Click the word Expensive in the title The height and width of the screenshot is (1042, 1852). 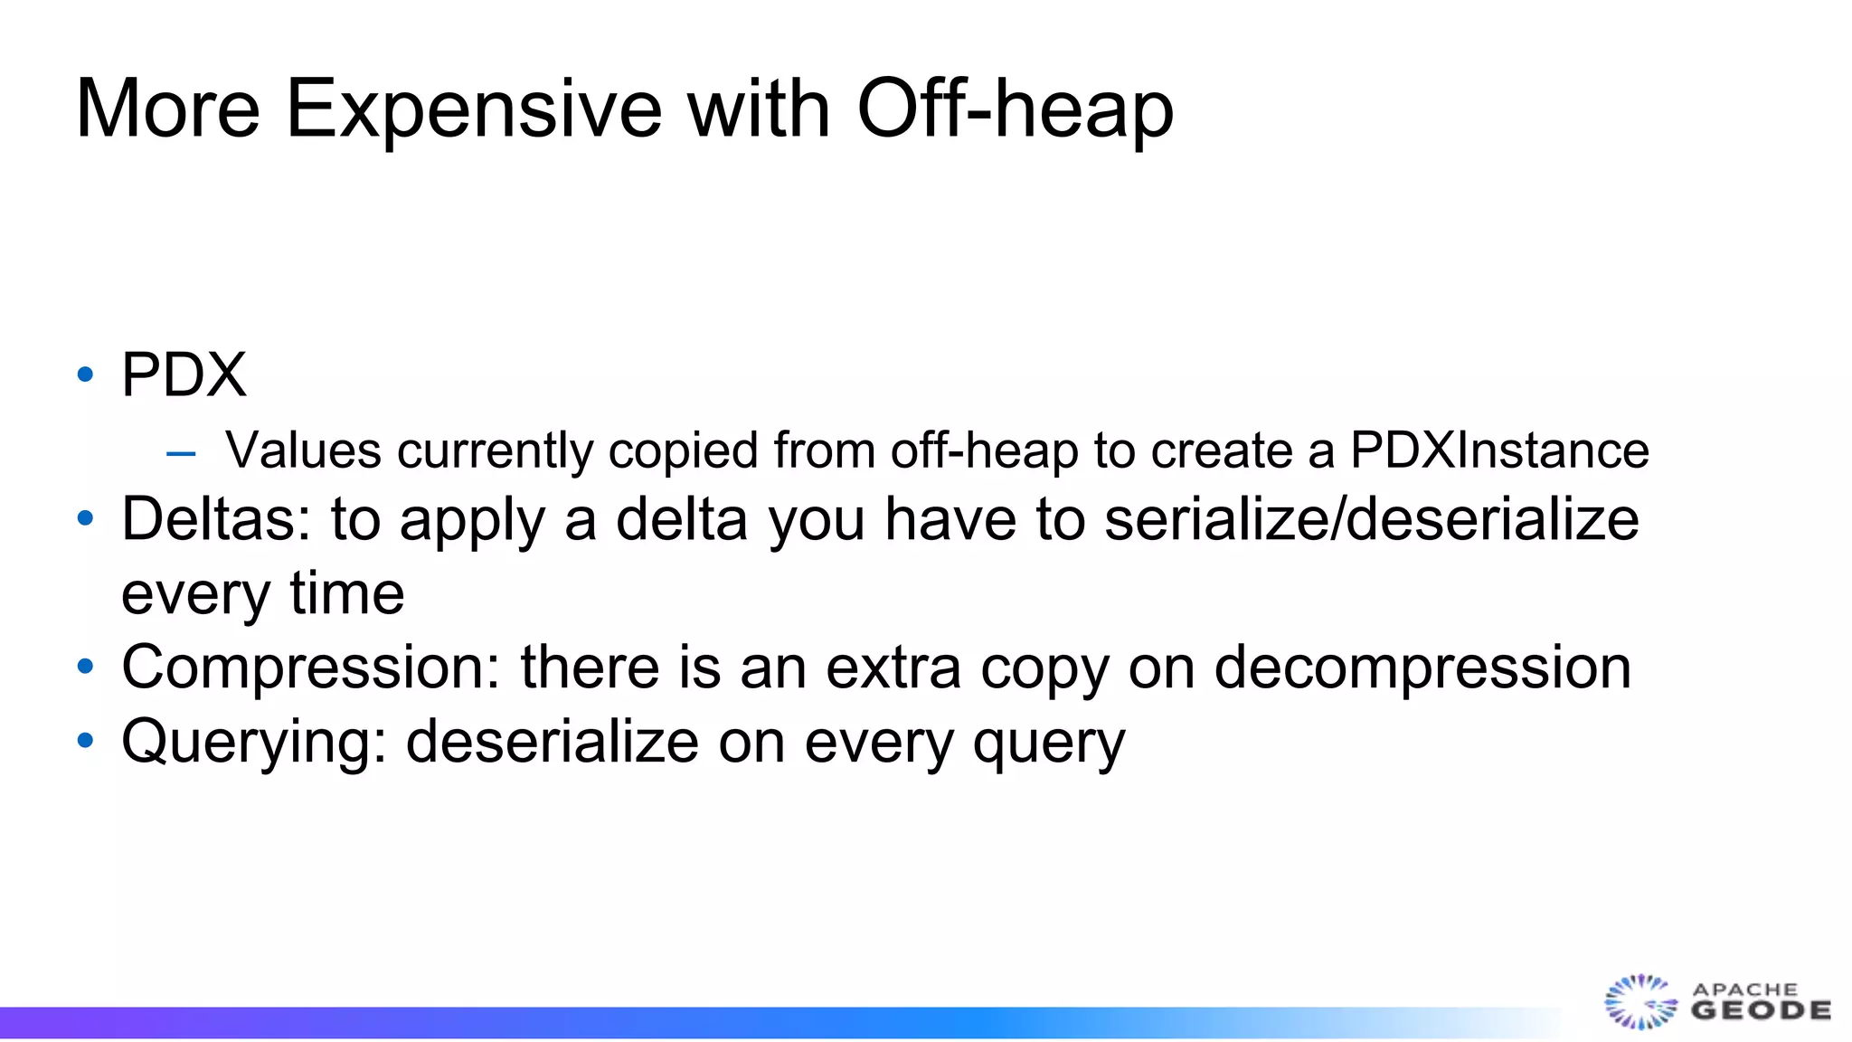coord(474,109)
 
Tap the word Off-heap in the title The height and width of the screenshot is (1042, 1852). coord(1015,109)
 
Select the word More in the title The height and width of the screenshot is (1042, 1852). coord(168,109)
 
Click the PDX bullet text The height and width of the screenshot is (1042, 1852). coord(184,374)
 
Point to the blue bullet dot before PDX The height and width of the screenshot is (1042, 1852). coord(86,374)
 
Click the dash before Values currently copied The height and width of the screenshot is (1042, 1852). coord(181,452)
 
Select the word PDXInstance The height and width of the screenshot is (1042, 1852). coord(1499,450)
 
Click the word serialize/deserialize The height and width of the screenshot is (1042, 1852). coord(1371,520)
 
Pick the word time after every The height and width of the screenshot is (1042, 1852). coord(346,594)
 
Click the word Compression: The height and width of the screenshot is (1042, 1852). coord(311,668)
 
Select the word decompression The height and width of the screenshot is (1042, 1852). coord(1422,668)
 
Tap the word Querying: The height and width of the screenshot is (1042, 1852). coord(254,743)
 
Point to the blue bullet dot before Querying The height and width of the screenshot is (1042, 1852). coord(86,741)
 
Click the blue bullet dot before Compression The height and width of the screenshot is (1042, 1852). coord(86,667)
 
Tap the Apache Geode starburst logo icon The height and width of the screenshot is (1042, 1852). coord(1640,1001)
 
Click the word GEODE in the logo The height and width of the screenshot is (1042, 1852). coord(1761,1011)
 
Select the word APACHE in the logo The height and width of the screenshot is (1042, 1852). coord(1744,990)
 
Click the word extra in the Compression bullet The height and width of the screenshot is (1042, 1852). coord(893,668)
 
